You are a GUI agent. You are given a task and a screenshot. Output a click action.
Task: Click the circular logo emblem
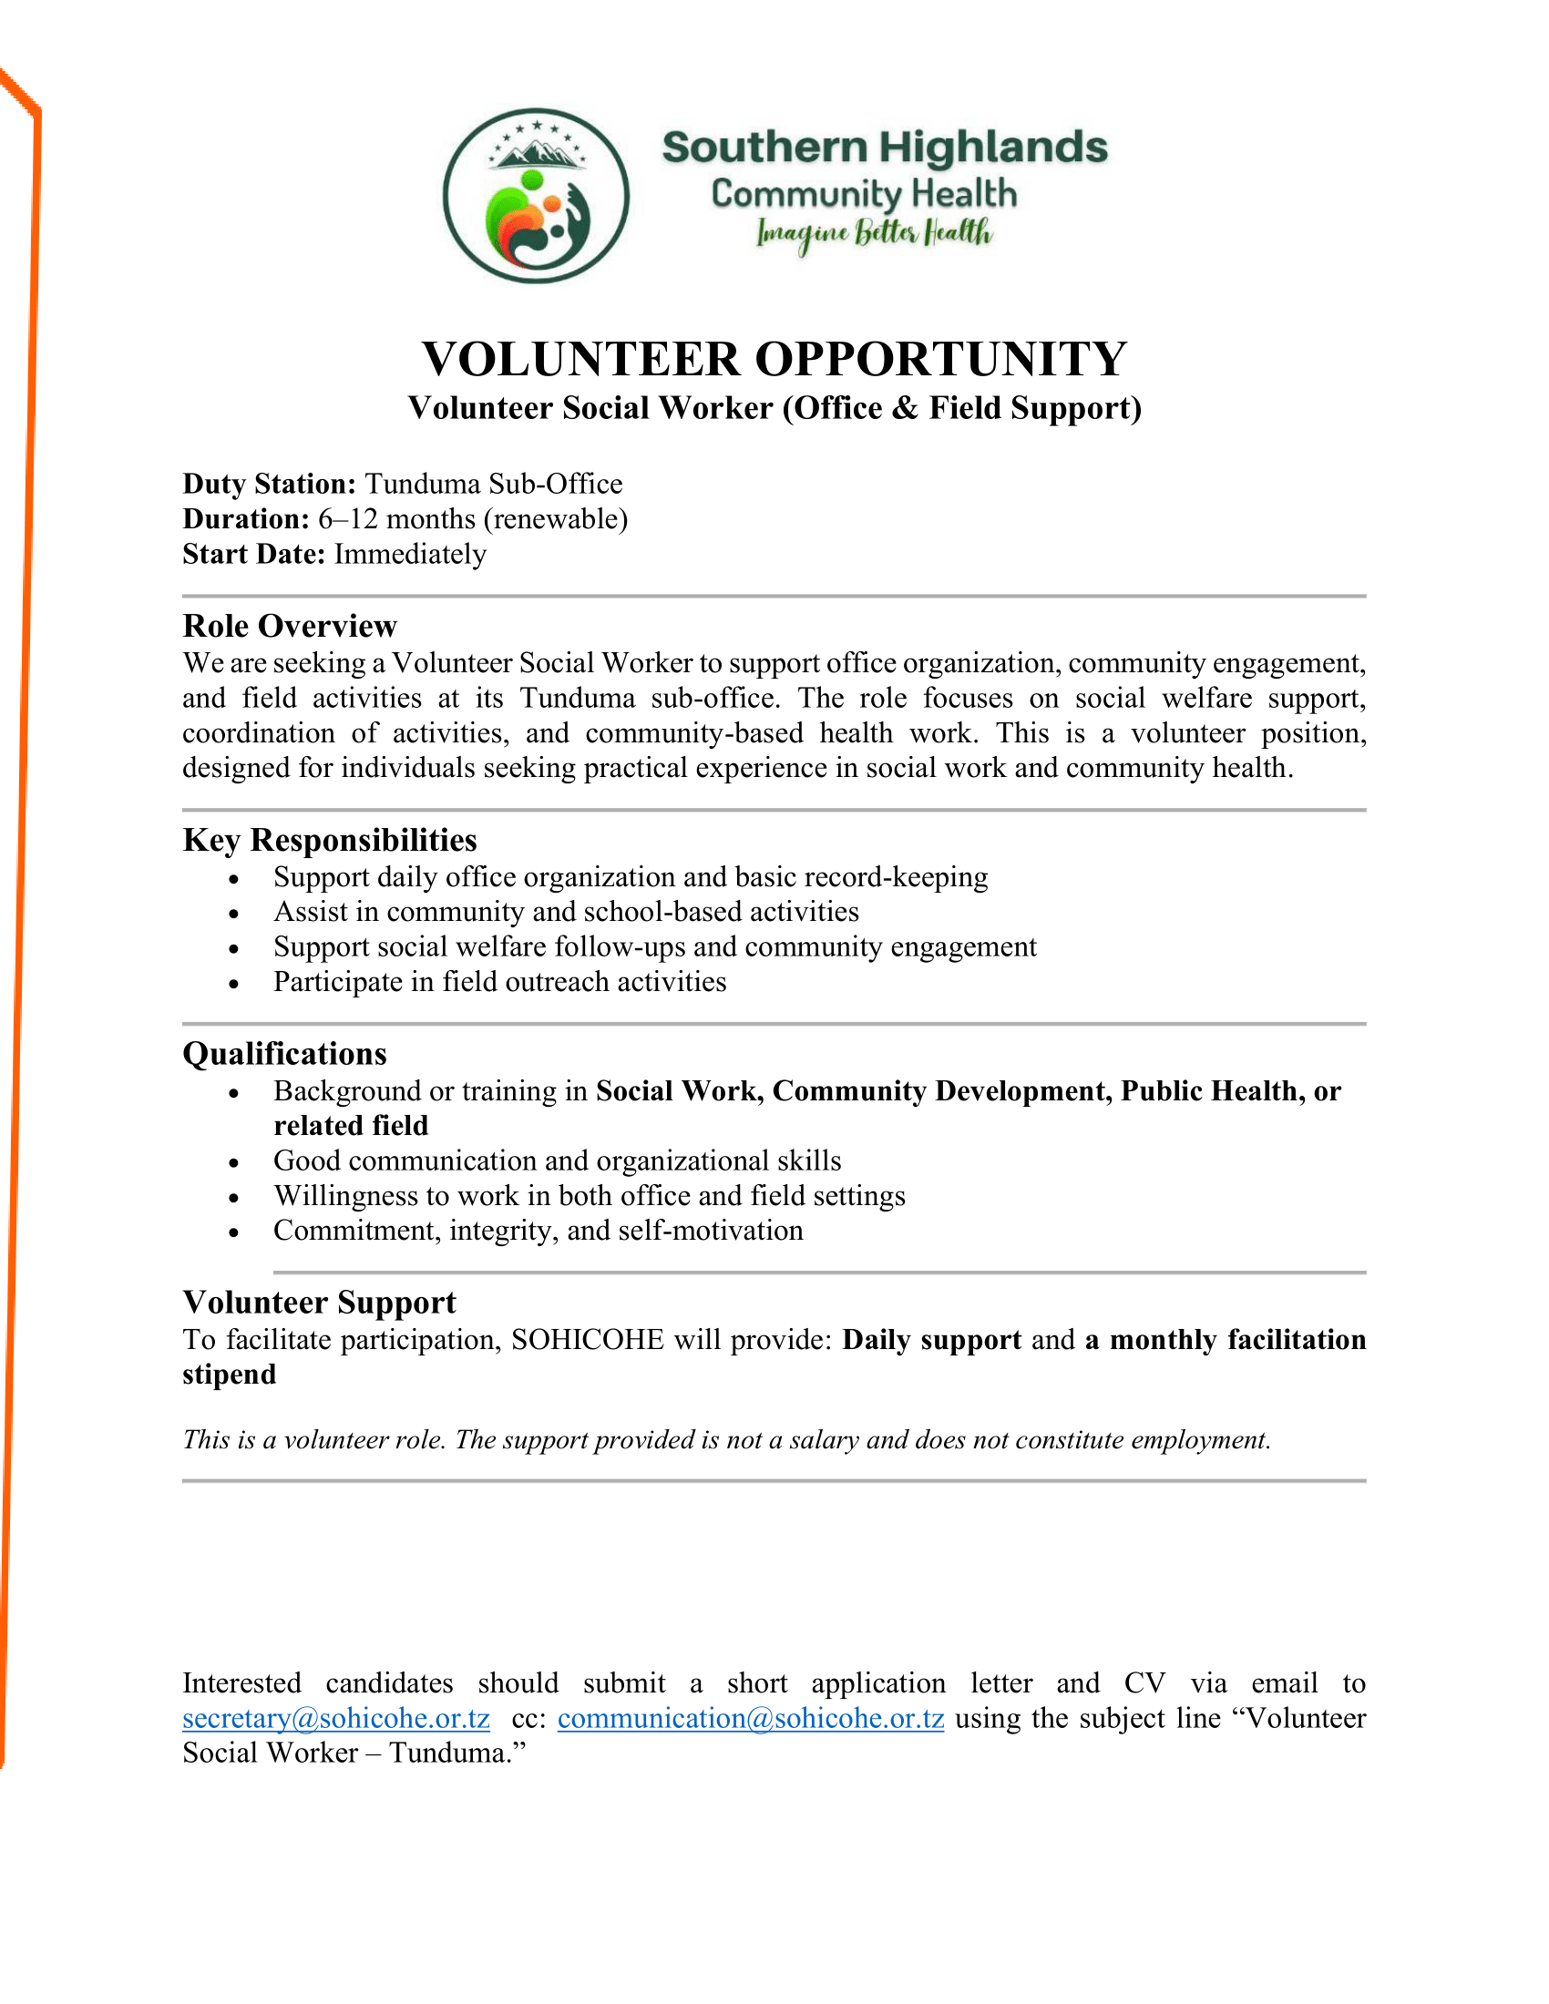pyautogui.click(x=536, y=196)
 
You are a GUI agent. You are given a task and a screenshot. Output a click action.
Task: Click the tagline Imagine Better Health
pyautogui.click(x=874, y=234)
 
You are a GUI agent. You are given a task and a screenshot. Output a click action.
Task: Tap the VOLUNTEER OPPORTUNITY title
pyautogui.click(x=774, y=359)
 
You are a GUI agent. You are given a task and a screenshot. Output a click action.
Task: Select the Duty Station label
pyautogui.click(x=269, y=484)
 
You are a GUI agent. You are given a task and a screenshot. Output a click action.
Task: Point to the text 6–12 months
pyautogui.click(x=396, y=519)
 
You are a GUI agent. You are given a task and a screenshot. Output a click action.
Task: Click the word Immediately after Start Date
pyautogui.click(x=409, y=554)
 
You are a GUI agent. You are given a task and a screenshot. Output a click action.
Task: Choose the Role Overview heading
pyautogui.click(x=290, y=626)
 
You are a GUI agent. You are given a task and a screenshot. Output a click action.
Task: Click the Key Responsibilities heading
pyautogui.click(x=330, y=840)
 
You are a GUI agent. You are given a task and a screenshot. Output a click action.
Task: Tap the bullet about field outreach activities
pyautogui.click(x=499, y=982)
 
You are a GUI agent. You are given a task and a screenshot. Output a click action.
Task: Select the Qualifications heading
pyautogui.click(x=284, y=1053)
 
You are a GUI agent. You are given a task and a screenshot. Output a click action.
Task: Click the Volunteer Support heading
pyautogui.click(x=319, y=1303)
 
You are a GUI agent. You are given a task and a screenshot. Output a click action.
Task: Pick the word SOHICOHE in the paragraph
pyautogui.click(x=588, y=1341)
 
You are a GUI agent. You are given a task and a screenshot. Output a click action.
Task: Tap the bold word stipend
pyautogui.click(x=230, y=1375)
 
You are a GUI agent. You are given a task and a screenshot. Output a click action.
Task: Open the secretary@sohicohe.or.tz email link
pyautogui.click(x=336, y=1719)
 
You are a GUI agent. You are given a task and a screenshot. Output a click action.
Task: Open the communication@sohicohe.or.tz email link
pyautogui.click(x=751, y=1719)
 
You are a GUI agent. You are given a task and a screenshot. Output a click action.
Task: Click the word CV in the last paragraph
pyautogui.click(x=1144, y=1683)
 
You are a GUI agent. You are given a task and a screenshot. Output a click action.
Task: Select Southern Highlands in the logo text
pyautogui.click(x=885, y=148)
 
